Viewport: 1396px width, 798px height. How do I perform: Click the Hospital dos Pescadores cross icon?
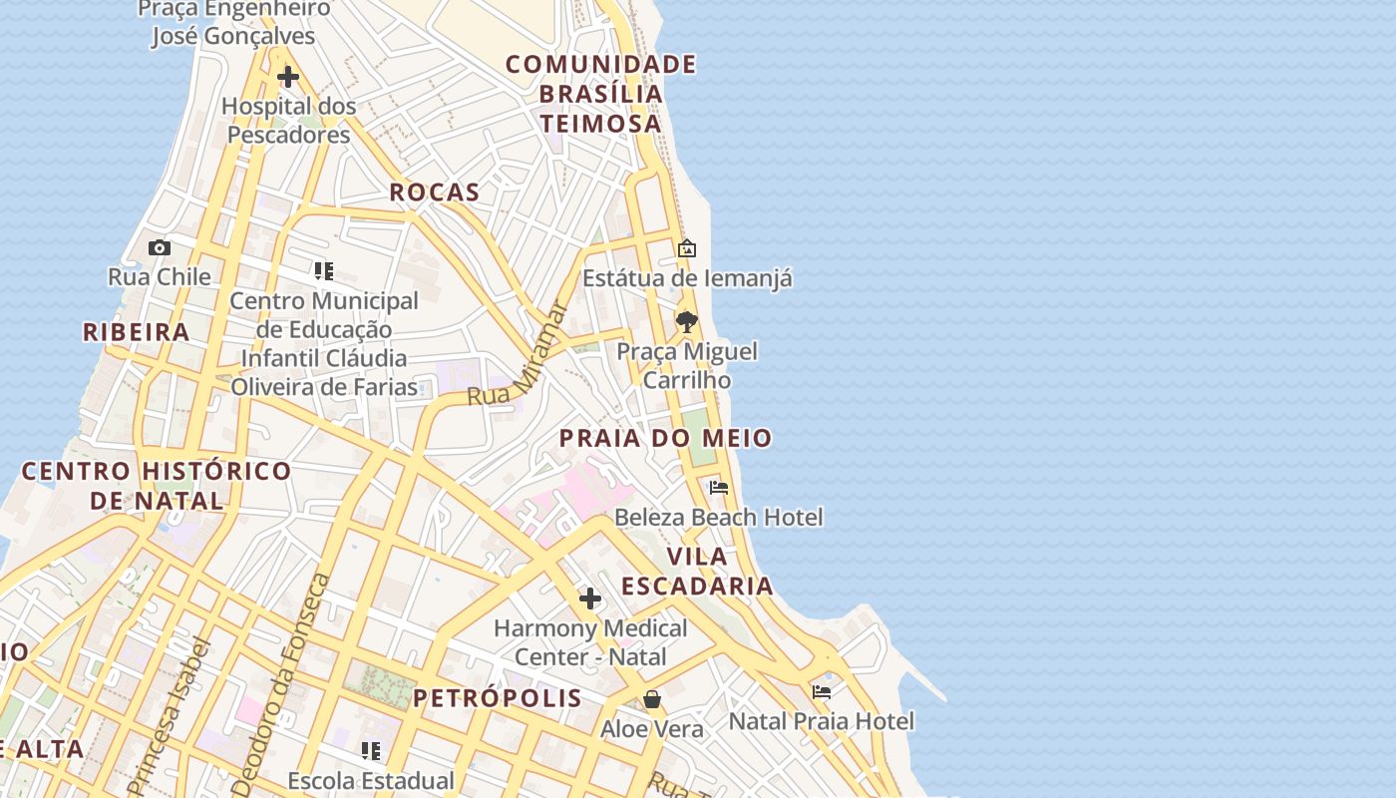pyautogui.click(x=288, y=77)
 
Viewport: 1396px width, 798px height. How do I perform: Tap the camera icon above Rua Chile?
pyautogui.click(x=160, y=247)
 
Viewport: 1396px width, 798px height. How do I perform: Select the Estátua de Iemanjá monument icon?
pyautogui.click(x=687, y=248)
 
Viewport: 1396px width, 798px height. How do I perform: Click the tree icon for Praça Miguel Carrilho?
pyautogui.click(x=686, y=321)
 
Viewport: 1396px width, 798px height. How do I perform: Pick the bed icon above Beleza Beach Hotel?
pyautogui.click(x=719, y=488)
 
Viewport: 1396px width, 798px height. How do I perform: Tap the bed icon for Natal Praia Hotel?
pyautogui.click(x=822, y=691)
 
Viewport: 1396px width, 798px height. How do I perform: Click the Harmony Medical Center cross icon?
pyautogui.click(x=590, y=598)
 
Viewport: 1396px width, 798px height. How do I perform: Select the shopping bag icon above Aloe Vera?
pyautogui.click(x=652, y=699)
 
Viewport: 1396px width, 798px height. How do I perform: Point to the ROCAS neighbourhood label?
pyautogui.click(x=434, y=193)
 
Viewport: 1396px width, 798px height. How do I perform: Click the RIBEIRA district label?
pyautogui.click(x=136, y=332)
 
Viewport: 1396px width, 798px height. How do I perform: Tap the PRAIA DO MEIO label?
pyautogui.click(x=665, y=438)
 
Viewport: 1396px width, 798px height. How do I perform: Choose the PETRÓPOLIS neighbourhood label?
pyautogui.click(x=498, y=697)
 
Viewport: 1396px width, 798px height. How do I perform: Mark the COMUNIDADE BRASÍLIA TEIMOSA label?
pyautogui.click(x=600, y=94)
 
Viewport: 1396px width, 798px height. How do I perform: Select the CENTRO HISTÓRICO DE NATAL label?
pyautogui.click(x=157, y=485)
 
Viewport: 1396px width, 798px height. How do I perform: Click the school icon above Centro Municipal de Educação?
pyautogui.click(x=324, y=271)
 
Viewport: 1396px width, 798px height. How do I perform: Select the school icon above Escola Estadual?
pyautogui.click(x=371, y=750)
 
